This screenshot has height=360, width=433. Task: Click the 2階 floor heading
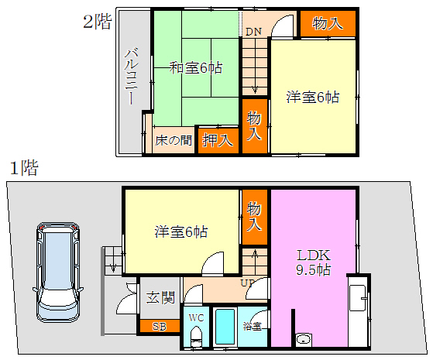click(98, 22)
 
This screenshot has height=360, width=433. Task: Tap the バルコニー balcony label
click(132, 77)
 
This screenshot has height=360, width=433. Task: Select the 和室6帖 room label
click(196, 67)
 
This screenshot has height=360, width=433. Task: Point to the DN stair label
click(253, 32)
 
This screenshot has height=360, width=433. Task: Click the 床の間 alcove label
click(174, 141)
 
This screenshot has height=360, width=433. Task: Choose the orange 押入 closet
click(218, 141)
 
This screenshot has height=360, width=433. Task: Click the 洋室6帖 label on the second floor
click(313, 98)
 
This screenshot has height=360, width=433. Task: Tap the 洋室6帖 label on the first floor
click(181, 231)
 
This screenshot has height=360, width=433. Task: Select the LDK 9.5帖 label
click(314, 262)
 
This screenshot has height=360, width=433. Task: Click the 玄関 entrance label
click(160, 297)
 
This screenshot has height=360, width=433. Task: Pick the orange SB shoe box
click(160, 326)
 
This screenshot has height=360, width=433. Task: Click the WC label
click(196, 317)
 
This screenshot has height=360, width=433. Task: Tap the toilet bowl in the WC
click(196, 336)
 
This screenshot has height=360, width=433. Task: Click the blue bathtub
click(225, 327)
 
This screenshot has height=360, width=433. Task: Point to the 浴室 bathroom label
click(252, 326)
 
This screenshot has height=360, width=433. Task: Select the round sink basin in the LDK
click(304, 339)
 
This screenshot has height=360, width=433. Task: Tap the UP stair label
click(248, 283)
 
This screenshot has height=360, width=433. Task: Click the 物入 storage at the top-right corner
click(328, 23)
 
